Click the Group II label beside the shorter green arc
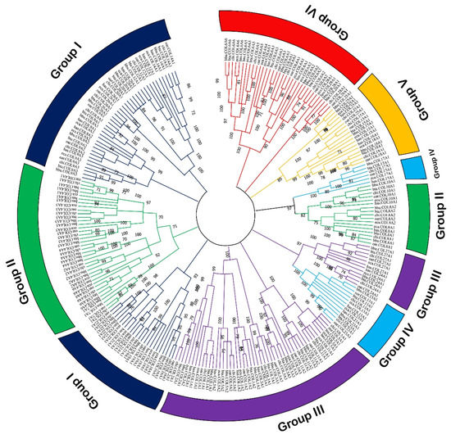pyautogui.click(x=437, y=216)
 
